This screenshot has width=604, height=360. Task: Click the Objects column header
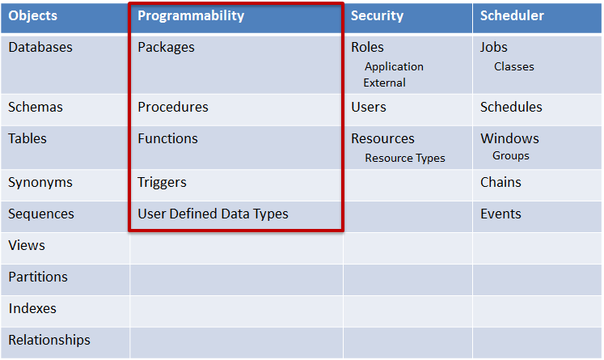32,16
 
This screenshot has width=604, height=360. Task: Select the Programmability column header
191,16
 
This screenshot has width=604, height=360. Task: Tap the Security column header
377,16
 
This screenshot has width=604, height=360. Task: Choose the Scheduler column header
512,16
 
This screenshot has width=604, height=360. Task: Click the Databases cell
40,47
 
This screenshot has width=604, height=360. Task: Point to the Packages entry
166,47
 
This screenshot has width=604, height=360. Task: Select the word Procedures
173,107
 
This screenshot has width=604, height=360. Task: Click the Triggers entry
162,182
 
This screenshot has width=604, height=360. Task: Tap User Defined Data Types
213,214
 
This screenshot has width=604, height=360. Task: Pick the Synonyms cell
40,182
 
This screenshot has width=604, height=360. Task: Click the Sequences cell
41,214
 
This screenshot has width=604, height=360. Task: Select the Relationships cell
49,340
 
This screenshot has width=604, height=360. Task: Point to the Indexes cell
33,308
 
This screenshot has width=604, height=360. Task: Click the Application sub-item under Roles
394,66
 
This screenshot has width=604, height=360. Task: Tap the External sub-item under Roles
385,83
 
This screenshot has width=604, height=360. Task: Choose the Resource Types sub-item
405,158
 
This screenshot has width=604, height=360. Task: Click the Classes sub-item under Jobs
514,66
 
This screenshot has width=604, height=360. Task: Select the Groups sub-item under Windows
511,155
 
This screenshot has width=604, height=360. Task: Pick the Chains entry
501,182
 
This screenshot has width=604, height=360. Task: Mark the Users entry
369,107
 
